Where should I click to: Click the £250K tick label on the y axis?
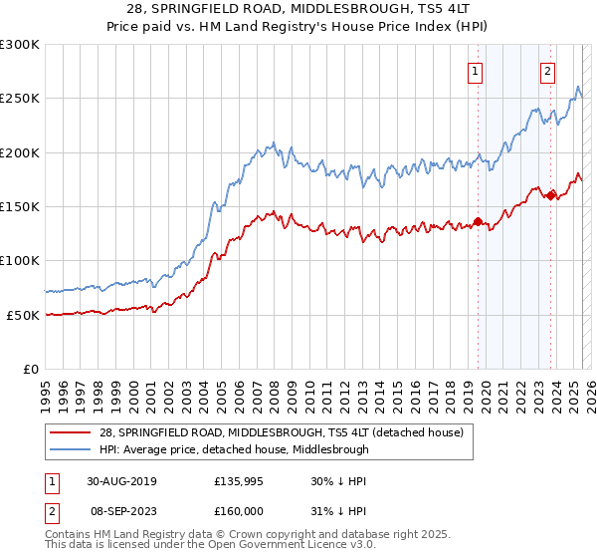20,99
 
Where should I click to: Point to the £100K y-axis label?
20,260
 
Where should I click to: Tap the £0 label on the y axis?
31,369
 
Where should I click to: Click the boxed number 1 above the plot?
476,71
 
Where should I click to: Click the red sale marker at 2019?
478,221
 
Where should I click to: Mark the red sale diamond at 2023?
550,195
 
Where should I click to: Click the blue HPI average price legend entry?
233,449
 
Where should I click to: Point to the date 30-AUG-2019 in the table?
121,481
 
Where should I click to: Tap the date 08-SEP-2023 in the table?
120,509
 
